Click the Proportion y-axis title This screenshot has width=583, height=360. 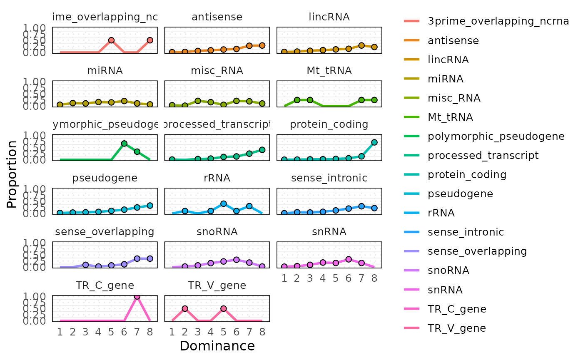click(12, 174)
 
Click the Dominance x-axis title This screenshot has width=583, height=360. click(217, 346)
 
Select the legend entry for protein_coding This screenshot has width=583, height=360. click(467, 174)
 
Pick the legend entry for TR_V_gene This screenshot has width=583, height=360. click(457, 328)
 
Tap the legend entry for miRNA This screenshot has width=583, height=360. click(446, 79)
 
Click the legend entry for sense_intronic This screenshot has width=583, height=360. click(466, 232)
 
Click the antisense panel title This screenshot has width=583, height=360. click(217, 17)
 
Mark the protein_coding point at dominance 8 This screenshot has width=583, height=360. click(374, 142)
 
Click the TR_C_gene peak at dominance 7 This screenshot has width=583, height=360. click(137, 296)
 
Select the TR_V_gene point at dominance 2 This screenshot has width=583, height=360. click(184, 308)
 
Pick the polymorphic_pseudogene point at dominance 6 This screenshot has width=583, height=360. click(124, 144)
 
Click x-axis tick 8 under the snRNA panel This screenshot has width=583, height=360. click(374, 278)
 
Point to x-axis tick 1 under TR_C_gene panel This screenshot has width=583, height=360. click(60, 332)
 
